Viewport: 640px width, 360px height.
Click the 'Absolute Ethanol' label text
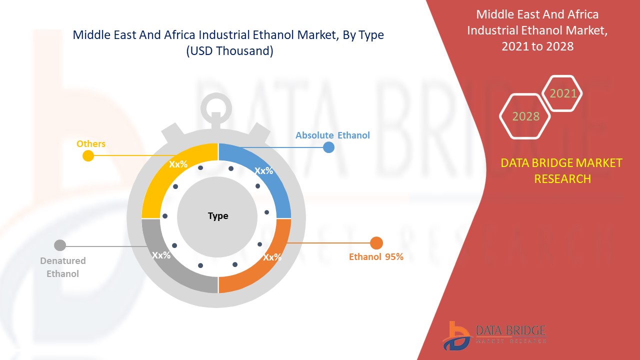(x=332, y=135)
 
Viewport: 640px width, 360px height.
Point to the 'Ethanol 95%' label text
(x=376, y=257)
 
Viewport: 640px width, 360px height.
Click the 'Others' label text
(x=91, y=144)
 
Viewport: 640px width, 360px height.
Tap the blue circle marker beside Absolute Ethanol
(x=328, y=147)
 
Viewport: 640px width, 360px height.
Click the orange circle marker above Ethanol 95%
(x=376, y=243)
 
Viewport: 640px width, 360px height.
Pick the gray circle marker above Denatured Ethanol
(x=60, y=245)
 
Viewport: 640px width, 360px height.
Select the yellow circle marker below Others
(x=88, y=155)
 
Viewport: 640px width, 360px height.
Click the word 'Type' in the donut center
(x=218, y=216)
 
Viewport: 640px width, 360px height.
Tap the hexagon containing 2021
(x=563, y=93)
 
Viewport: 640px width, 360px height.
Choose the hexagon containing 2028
(x=525, y=116)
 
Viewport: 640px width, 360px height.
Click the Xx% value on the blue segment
(x=263, y=170)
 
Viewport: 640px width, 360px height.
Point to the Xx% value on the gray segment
(x=161, y=255)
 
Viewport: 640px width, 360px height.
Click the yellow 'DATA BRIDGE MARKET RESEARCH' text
(x=561, y=170)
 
